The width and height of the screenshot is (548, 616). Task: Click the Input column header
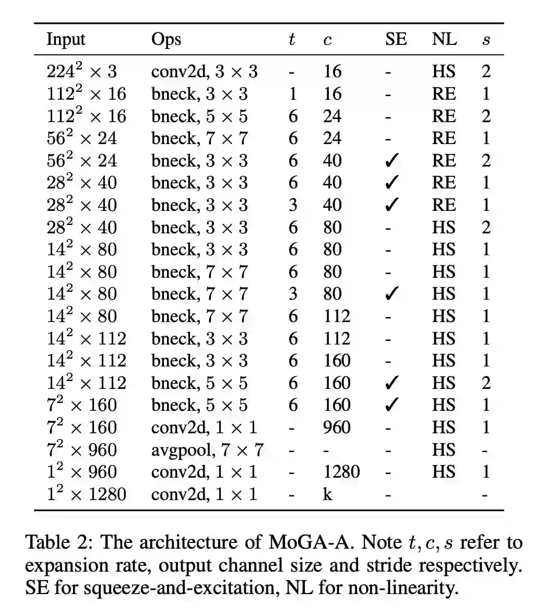click(x=66, y=40)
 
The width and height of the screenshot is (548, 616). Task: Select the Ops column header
click(x=166, y=40)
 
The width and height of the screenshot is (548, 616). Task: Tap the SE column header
click(x=396, y=40)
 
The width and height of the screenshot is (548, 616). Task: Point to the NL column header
click(x=444, y=40)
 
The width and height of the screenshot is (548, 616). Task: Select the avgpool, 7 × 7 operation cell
click(x=207, y=449)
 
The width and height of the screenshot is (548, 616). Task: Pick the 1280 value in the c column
click(x=341, y=472)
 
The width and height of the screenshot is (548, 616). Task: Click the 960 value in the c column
click(x=336, y=428)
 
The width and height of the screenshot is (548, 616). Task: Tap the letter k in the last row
click(x=327, y=494)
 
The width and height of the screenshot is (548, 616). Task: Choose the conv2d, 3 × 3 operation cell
click(x=204, y=71)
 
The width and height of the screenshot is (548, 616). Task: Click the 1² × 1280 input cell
click(x=87, y=494)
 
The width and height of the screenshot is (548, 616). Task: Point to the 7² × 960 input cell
click(x=82, y=449)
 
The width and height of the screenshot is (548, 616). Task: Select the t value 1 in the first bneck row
click(x=293, y=94)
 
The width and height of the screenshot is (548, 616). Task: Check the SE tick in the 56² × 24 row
click(x=391, y=161)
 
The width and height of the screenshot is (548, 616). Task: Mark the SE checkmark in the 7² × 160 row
click(x=391, y=405)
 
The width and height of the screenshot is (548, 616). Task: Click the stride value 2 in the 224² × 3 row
click(x=486, y=71)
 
